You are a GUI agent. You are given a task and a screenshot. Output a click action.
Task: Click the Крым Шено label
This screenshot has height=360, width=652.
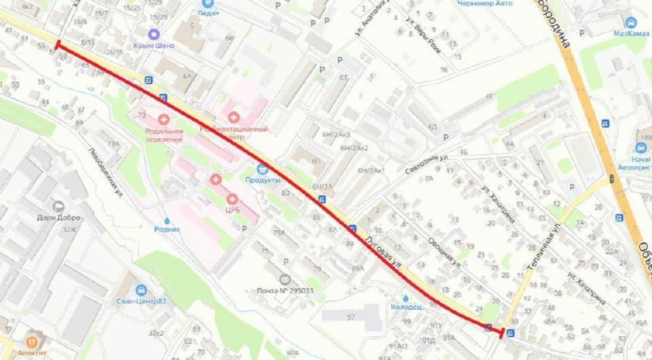[155, 46]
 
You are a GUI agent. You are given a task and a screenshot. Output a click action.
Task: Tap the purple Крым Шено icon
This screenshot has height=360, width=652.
[155, 33]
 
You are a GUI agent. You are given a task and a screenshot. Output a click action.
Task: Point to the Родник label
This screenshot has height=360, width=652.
[167, 229]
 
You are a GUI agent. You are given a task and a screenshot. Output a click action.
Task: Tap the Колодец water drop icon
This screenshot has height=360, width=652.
[405, 297]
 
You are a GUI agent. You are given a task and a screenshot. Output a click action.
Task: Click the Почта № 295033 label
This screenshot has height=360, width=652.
[285, 291]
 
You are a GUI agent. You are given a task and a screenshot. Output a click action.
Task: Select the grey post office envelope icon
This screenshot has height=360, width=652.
[285, 279]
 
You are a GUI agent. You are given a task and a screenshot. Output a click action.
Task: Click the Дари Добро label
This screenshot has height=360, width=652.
[58, 218]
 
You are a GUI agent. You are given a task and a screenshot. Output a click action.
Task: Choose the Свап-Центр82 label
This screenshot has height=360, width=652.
[141, 301]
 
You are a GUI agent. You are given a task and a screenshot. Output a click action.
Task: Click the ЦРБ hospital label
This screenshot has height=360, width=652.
[232, 211]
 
